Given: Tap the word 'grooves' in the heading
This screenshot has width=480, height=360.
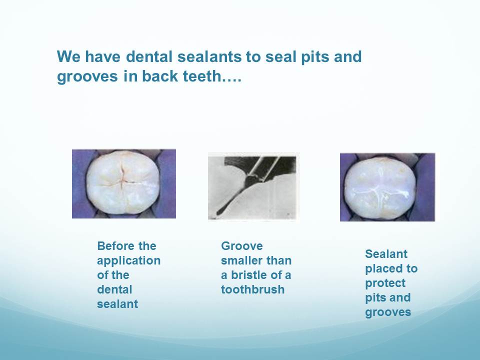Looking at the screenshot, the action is point(87,76).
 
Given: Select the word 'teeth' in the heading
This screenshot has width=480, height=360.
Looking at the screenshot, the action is point(201,76).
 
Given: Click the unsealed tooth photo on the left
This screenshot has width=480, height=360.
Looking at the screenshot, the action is point(124,183).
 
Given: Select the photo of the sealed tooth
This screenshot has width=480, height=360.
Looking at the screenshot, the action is point(387,187).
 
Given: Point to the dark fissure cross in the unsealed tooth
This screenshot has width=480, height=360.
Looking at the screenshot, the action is point(122,179).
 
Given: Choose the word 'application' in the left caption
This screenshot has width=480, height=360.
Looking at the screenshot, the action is point(129,261).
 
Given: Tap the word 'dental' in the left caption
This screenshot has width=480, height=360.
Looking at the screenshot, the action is point(114,289).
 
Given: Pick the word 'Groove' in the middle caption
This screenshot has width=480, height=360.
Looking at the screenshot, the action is point(242,246).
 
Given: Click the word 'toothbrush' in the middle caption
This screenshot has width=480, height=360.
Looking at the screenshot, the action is point(253,289).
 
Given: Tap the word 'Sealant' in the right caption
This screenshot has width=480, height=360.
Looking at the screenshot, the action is point(386,254).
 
